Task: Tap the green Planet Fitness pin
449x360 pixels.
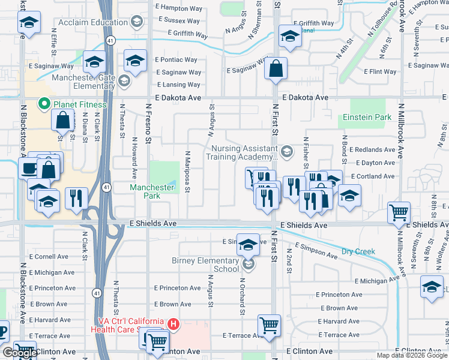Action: tap(43, 104)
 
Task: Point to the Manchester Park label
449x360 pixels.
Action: tap(152, 191)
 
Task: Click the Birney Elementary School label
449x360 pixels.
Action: tap(205, 265)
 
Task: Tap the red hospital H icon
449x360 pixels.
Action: tap(173, 325)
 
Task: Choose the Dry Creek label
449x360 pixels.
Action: tap(358, 251)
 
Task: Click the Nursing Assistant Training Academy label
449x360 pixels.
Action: tap(243, 153)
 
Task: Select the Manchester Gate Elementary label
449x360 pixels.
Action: tap(83, 82)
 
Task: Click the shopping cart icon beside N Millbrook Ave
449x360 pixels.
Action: tap(399, 212)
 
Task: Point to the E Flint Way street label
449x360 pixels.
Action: tap(380, 72)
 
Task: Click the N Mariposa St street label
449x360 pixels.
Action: tap(187, 172)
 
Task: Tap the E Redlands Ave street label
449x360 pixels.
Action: tap(375, 149)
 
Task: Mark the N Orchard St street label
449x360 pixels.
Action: tap(243, 296)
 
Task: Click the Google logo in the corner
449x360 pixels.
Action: tap(20, 353)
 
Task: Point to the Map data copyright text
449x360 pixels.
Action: tap(412, 355)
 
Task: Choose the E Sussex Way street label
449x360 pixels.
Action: tap(178, 20)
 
